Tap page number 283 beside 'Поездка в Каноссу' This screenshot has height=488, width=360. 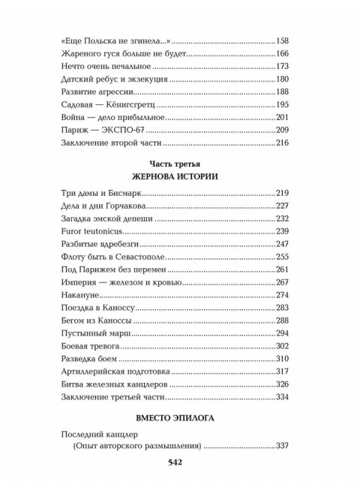(284, 311)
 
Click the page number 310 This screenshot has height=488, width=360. (284, 360)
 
